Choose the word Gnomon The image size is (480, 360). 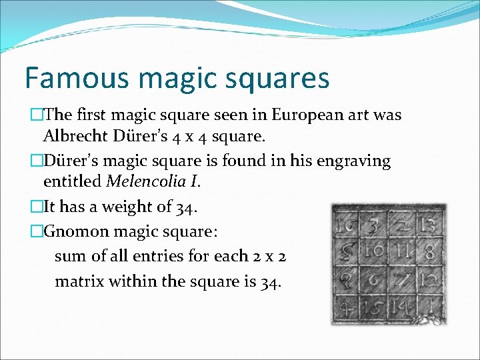(73, 231)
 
